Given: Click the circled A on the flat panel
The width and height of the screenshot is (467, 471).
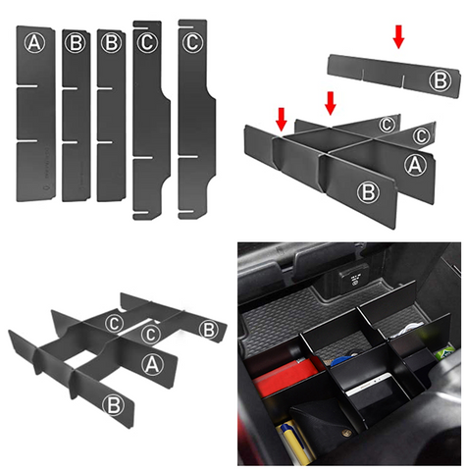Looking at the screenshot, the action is pos(34,43).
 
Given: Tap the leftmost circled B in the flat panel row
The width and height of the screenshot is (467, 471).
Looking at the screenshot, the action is pos(75,43).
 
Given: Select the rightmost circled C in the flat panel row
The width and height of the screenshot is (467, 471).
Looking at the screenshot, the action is pos(192,42).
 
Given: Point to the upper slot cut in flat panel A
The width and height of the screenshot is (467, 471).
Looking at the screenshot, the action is pos(27,86).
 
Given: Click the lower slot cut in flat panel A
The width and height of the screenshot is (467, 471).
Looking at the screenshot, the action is pos(27,141).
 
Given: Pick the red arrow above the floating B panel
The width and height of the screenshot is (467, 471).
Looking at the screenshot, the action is pos(398,37).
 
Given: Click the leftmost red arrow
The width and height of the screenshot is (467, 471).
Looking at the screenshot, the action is pos(282,120).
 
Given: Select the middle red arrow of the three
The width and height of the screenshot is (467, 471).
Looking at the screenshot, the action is pos(331,103).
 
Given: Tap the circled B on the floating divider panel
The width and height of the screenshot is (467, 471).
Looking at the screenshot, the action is pos(441,80).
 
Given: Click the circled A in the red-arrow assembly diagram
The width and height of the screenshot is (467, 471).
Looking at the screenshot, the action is pos(415,164).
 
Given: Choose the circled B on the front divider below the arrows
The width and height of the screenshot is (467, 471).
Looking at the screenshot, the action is pos(368,192).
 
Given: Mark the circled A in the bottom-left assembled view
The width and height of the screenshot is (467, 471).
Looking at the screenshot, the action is pos(152,365).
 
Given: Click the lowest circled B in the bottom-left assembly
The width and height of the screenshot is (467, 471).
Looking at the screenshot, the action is pos(113,405).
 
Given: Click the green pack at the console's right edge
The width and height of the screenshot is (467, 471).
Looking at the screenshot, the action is pos(443,354).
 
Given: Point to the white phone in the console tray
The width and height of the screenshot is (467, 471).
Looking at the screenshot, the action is pos(369,385).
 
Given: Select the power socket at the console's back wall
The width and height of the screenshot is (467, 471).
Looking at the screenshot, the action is pos(354,279).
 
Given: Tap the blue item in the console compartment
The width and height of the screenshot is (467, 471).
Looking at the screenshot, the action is pos(340,360).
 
